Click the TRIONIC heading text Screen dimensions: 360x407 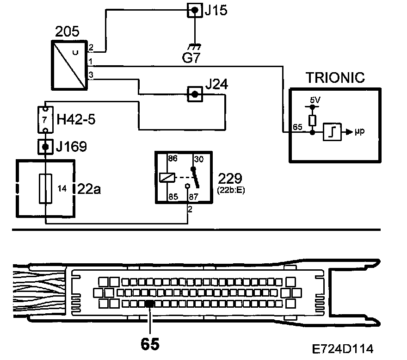335,77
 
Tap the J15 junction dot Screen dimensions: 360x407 195,10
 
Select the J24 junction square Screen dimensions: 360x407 195,94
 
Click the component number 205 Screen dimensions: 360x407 67,32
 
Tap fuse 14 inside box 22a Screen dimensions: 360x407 45,188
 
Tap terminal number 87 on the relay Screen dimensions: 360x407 194,196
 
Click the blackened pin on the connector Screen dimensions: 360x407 149,304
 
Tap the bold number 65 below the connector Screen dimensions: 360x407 150,344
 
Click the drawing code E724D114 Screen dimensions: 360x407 343,348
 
